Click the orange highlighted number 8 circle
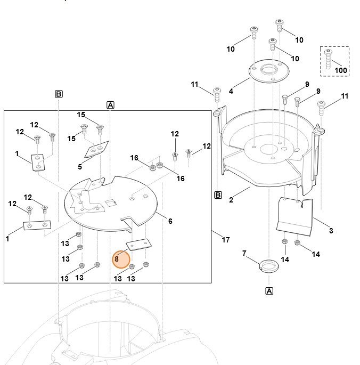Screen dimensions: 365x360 (121, 259)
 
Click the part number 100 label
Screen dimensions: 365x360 (341, 70)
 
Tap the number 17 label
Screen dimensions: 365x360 (225, 240)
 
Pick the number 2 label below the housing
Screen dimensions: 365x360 (231, 200)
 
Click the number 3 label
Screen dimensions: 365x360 (331, 231)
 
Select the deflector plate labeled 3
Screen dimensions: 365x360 (296, 215)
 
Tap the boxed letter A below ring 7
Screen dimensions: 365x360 (269, 291)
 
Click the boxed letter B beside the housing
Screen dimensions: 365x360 (218, 194)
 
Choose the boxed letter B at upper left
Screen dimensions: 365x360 (59, 94)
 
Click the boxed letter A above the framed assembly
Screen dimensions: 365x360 (111, 105)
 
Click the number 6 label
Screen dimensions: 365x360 (170, 221)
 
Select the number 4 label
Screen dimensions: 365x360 (231, 92)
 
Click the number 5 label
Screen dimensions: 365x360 (80, 167)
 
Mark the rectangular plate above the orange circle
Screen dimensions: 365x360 (138, 245)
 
